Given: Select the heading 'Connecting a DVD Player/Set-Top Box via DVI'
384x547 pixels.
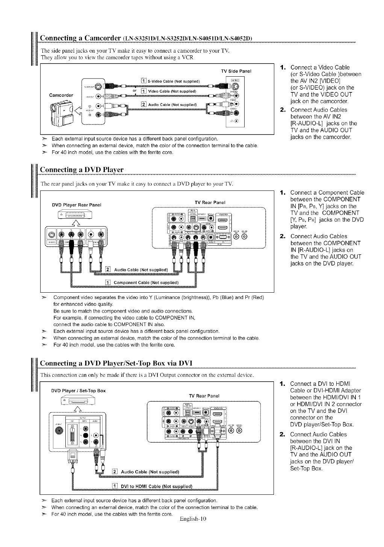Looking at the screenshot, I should (x=116, y=363).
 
